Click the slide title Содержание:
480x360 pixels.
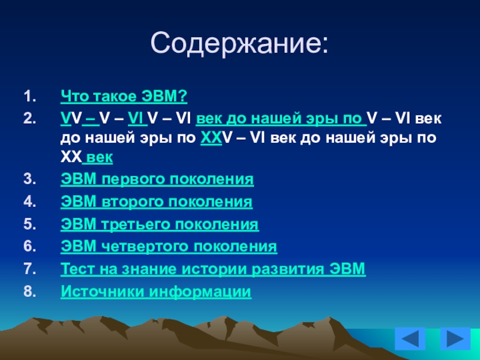point(239,43)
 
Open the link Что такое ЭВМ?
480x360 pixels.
point(124,96)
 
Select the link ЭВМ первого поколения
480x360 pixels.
point(157,179)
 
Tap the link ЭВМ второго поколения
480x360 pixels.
point(157,202)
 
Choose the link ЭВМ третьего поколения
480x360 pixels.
point(160,224)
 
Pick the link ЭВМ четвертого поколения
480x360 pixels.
point(169,247)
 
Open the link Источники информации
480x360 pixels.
point(156,292)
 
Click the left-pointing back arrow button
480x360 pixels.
point(410,338)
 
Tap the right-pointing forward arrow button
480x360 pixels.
point(455,338)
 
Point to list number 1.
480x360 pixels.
point(29,97)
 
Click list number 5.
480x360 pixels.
point(29,224)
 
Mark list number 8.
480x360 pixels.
point(29,292)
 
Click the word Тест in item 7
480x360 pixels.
point(78,269)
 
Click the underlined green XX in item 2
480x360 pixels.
point(211,138)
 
